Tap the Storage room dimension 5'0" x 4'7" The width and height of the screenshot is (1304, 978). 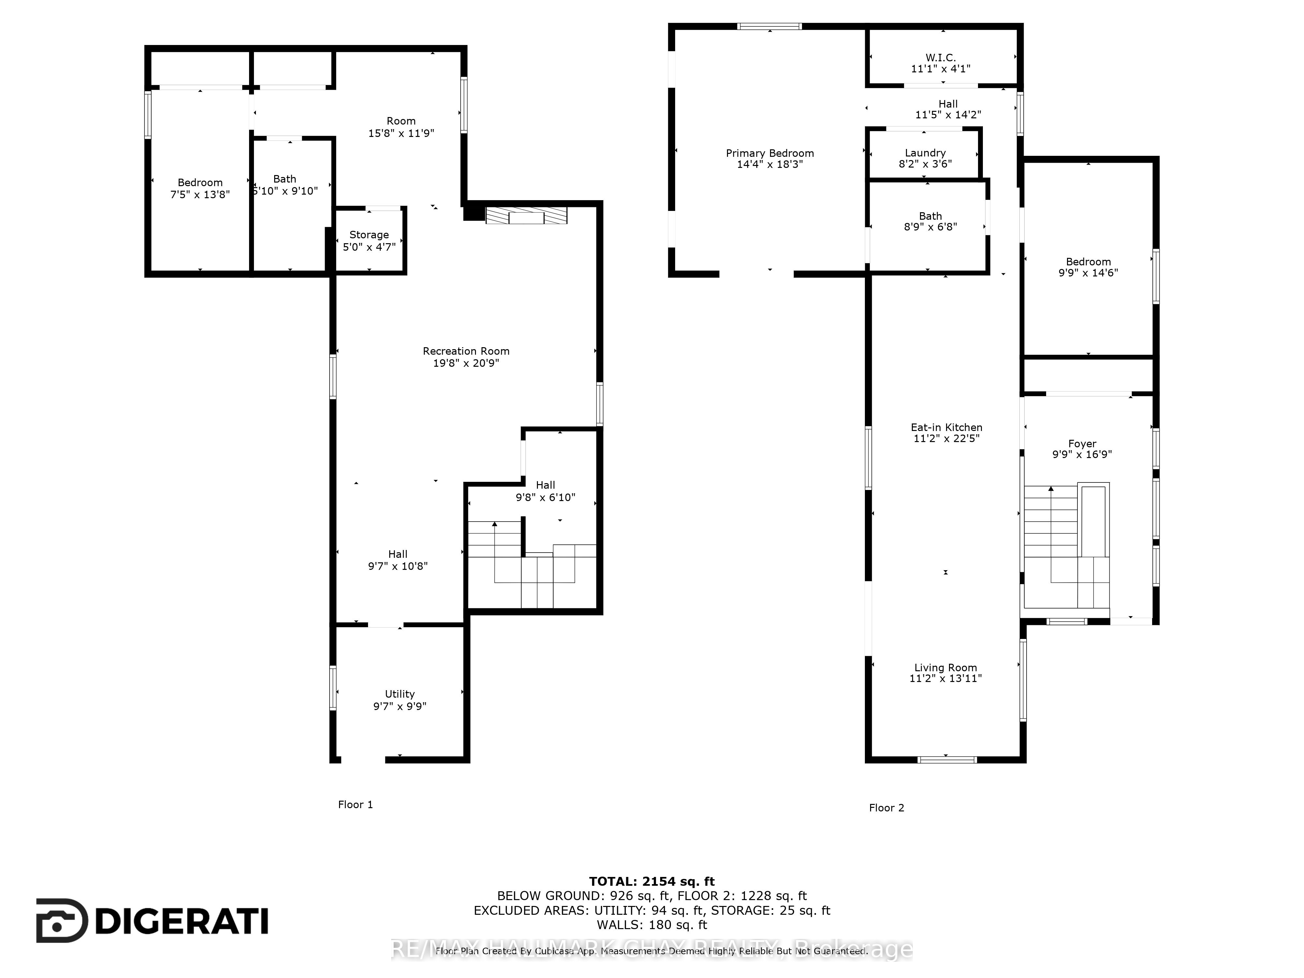(x=369, y=247)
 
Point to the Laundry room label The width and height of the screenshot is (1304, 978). (x=925, y=153)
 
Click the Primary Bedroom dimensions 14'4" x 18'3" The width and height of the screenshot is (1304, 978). (x=770, y=165)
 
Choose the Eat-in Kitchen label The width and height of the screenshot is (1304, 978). (x=946, y=427)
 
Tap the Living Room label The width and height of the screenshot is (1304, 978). (x=946, y=667)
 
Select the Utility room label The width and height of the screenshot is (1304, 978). (x=400, y=694)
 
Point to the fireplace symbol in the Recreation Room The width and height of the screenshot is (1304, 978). (x=526, y=216)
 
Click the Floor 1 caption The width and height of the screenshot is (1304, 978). (x=355, y=805)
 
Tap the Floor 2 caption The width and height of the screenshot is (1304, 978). (x=886, y=808)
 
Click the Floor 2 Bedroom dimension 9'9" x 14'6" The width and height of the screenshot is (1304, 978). (x=1088, y=273)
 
